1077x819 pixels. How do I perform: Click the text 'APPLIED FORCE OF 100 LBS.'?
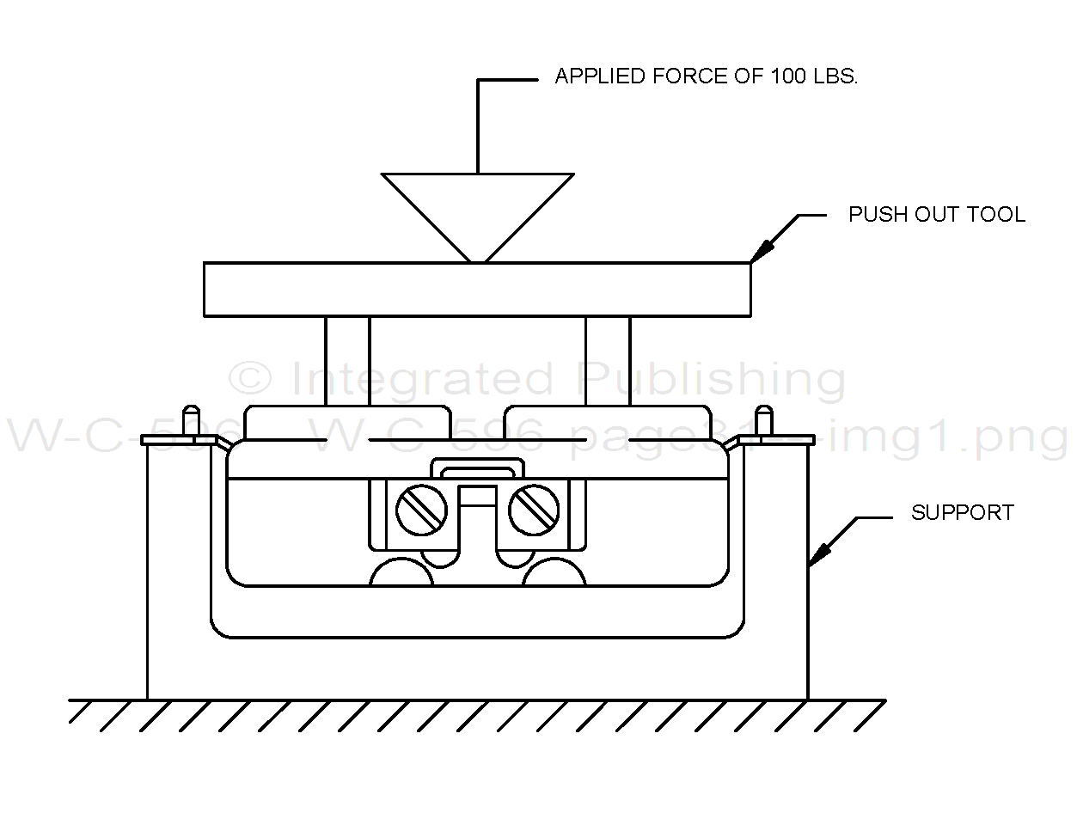point(706,76)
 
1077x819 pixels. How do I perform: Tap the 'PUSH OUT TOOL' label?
point(936,214)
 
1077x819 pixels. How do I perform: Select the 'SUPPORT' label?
point(962,513)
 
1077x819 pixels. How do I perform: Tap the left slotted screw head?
point(422,510)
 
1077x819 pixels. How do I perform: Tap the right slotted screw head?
point(534,510)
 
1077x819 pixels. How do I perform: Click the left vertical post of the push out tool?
point(347,361)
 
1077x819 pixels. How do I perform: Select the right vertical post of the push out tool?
point(608,361)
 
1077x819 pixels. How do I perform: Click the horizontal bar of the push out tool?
point(477,289)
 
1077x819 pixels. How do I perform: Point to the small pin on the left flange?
point(193,420)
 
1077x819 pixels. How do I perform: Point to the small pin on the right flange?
point(762,420)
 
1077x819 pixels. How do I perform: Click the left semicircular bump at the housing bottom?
point(401,573)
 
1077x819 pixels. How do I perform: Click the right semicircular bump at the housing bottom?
point(554,573)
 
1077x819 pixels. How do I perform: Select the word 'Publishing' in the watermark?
point(712,379)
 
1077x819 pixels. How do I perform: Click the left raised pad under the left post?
point(347,423)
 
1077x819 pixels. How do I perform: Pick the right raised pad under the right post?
point(608,423)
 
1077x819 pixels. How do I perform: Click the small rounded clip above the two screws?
point(477,469)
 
